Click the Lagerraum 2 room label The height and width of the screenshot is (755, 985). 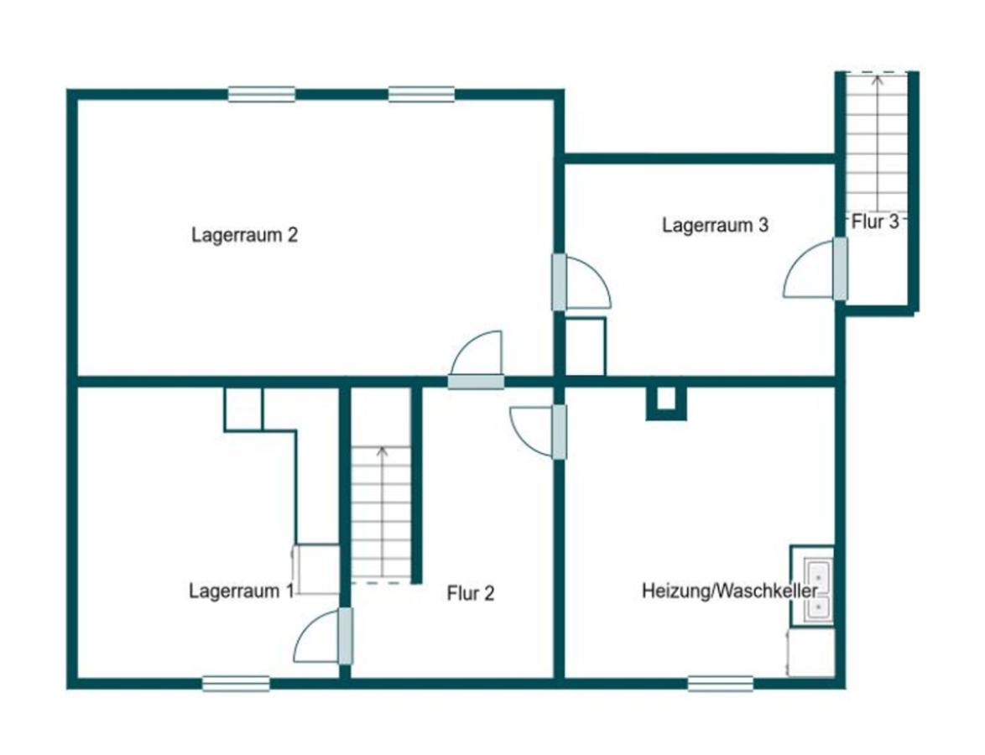pos(244,235)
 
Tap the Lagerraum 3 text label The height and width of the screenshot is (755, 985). pos(715,225)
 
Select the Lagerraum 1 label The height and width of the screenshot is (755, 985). pos(242,591)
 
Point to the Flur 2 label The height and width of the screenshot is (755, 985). pos(471,593)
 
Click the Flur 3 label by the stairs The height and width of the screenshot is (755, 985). pos(876,221)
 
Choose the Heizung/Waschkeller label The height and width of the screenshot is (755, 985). pos(730,591)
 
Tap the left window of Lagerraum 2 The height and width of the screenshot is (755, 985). pos(261,94)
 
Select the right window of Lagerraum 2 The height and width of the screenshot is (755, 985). pos(421,94)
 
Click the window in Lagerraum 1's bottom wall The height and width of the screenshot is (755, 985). pos(237,684)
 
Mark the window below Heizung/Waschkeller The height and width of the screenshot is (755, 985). pos(721,684)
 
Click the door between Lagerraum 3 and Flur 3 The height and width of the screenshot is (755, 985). pos(816,269)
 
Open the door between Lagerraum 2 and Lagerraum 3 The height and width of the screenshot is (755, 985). pos(581,282)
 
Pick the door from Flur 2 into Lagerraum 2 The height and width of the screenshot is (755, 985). pos(477,360)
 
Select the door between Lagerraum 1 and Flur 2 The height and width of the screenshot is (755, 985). pos(323,636)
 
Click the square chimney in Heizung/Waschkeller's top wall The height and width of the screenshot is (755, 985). pos(666,403)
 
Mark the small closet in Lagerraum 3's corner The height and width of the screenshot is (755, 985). pos(586,346)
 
